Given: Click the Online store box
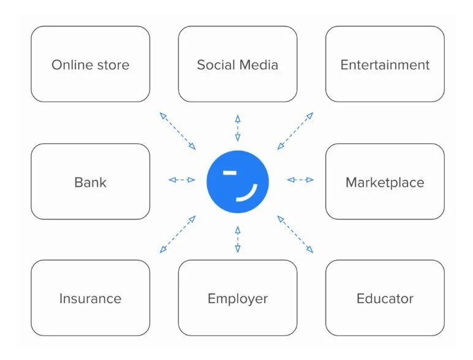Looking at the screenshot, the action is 90,64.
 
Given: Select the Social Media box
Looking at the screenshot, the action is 238,64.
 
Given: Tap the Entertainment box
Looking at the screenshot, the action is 385,64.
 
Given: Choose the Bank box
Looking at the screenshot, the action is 90,182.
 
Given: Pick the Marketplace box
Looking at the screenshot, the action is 385,182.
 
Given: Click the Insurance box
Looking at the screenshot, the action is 90,299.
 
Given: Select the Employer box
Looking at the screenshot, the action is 238,299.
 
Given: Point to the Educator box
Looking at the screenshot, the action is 385,299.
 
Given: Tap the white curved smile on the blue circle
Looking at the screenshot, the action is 249,192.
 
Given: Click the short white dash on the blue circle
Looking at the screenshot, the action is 230,173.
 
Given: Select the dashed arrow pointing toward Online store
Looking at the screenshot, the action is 178,131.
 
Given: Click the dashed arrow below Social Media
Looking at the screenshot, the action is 238,129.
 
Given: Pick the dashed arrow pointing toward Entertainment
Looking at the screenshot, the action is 295,131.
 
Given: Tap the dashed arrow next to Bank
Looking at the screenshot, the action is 182,180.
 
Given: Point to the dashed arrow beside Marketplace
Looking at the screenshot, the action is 300,180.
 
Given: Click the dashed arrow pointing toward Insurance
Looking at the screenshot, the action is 178,234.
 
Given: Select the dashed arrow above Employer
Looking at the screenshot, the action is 238,239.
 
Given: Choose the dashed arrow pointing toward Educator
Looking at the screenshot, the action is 295,234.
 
